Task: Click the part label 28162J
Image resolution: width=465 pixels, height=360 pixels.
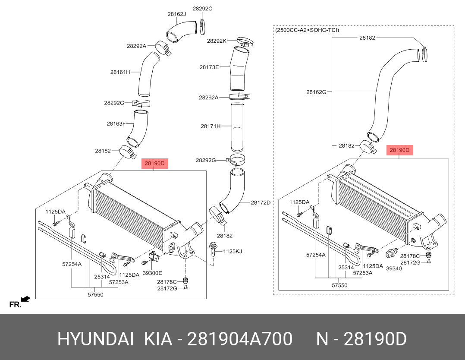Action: tap(176, 14)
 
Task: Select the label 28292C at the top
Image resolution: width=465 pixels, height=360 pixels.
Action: tap(202, 8)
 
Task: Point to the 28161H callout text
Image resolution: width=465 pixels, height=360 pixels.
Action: tap(120, 72)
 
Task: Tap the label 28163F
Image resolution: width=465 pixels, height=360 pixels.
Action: tap(116, 123)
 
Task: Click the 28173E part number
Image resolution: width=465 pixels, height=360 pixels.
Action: tap(209, 67)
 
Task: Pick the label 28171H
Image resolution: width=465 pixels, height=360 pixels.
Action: tap(211, 126)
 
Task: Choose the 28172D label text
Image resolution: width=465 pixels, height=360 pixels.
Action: tap(261, 202)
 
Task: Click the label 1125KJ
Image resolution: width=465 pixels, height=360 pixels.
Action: tap(232, 251)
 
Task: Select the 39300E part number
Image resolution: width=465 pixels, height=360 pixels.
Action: tap(152, 273)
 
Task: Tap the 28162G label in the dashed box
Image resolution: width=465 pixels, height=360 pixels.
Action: tap(316, 92)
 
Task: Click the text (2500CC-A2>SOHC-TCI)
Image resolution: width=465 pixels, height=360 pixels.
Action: tap(307, 30)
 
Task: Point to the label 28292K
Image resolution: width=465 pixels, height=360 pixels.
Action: tap(217, 41)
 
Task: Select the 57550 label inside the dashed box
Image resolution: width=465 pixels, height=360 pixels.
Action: tap(339, 285)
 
